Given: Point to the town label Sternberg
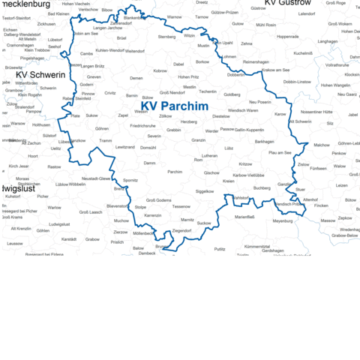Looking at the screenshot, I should point(166,36).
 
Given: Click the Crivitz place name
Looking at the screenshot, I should point(110,93).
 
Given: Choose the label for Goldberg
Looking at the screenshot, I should point(232,94).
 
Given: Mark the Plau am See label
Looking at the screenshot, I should point(280,152).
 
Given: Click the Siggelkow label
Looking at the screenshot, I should point(204,191).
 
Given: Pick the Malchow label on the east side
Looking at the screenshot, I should point(321,145).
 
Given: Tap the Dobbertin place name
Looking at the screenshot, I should point(235,75).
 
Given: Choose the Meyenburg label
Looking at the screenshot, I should point(283,221).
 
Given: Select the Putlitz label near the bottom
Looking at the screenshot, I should point(220,248).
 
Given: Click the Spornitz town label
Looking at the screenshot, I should point(130,181).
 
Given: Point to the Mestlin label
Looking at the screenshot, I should point(189,88).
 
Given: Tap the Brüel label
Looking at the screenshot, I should point(122,37).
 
